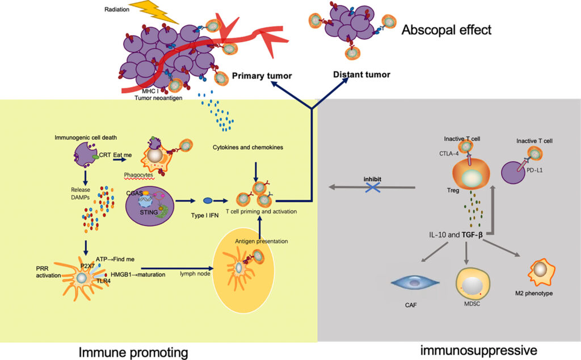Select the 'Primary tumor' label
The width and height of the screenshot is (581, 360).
[x=262, y=76]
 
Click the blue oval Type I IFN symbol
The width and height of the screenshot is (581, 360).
[x=208, y=200]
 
